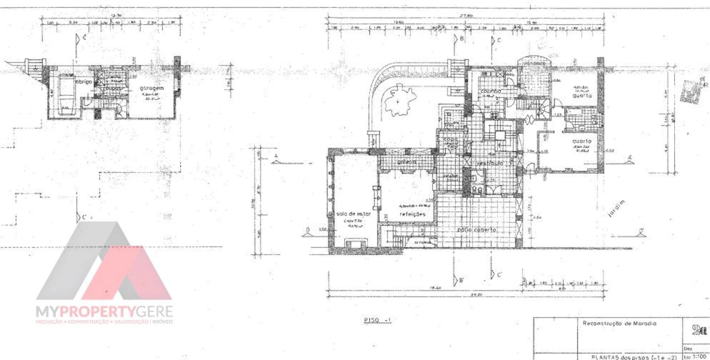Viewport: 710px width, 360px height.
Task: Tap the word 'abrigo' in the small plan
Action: [83, 81]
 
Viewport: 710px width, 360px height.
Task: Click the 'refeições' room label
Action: [412, 213]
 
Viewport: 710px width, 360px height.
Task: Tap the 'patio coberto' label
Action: [476, 229]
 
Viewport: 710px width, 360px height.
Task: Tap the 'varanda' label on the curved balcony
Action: [534, 63]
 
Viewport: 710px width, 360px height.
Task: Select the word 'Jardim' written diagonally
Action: [616, 209]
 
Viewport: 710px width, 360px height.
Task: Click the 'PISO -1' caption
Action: [377, 319]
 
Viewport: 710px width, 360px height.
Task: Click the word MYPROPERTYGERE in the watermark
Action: [104, 312]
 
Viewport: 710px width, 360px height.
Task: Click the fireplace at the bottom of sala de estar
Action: [355, 243]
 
